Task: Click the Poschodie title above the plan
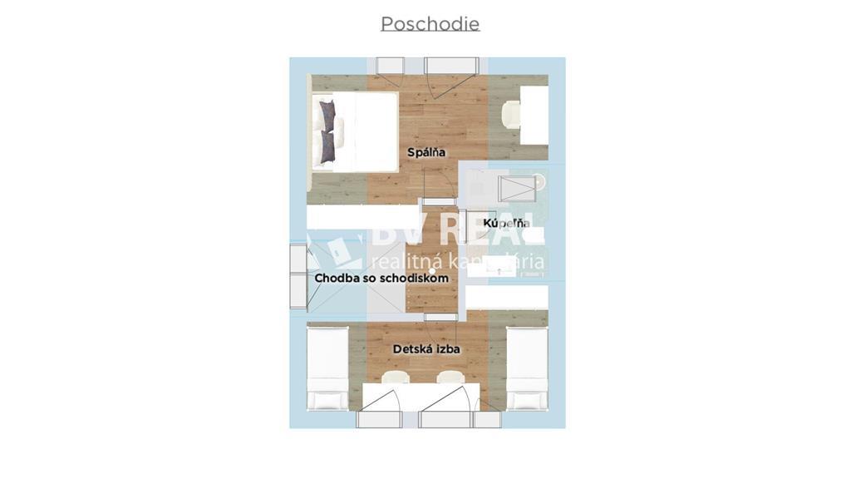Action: click(430, 24)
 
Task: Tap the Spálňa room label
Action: click(426, 152)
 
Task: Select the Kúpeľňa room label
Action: click(507, 223)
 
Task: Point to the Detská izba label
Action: click(426, 348)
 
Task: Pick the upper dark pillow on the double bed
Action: click(327, 116)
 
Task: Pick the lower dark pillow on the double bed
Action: click(327, 146)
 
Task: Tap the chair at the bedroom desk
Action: click(511, 115)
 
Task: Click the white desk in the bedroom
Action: click(534, 115)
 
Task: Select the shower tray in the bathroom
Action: click(520, 189)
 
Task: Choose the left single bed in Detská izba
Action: click(327, 368)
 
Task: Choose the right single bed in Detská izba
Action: click(527, 368)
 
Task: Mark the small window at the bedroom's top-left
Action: click(390, 67)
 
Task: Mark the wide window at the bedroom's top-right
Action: click(451, 67)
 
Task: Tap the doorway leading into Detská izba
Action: click(440, 317)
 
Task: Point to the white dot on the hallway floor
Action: click(432, 270)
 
